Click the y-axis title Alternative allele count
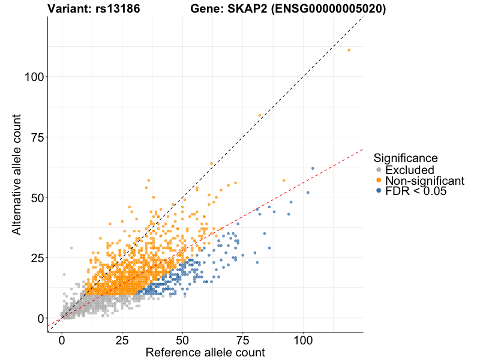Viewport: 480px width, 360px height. point(17,174)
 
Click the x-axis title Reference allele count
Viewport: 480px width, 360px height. point(205,352)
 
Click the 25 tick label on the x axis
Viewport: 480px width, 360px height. point(122,340)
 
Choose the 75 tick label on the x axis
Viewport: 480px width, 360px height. point(242,340)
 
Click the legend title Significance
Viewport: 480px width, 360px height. point(405,158)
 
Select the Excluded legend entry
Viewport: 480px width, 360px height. point(409,170)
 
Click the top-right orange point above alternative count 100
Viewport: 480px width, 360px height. point(349,50)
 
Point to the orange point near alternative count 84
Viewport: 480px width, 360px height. point(260,115)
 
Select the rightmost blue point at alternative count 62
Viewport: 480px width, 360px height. point(313,168)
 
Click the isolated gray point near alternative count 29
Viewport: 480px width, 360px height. point(71,248)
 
